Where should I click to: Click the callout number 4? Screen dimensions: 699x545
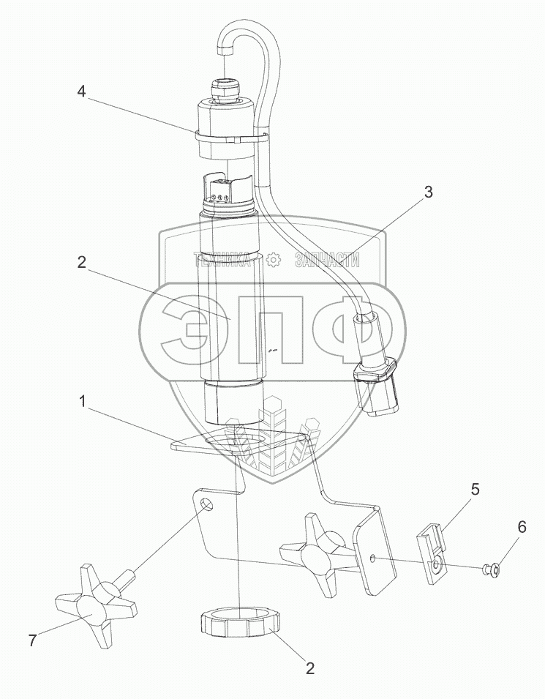point(82,92)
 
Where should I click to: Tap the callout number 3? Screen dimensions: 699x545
point(427,193)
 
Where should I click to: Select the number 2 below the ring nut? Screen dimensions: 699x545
point(310,668)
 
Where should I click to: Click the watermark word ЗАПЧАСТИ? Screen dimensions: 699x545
point(327,260)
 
